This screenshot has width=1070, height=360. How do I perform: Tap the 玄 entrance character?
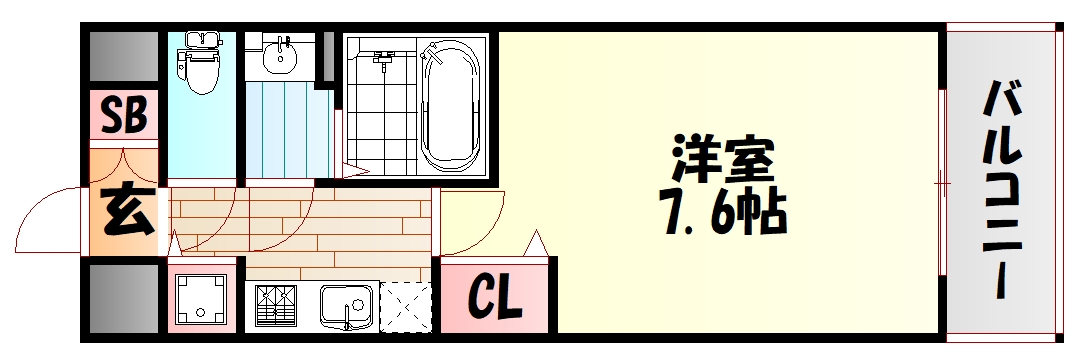pyautogui.click(x=125, y=213)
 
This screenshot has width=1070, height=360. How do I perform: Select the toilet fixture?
pyautogui.click(x=202, y=63)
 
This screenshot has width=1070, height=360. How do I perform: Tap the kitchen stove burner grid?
pyautogui.click(x=275, y=306)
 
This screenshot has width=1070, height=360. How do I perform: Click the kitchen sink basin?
pyautogui.click(x=345, y=305)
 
